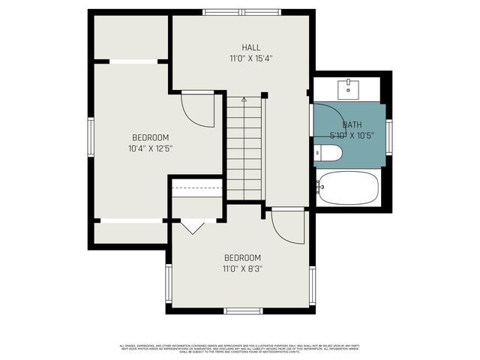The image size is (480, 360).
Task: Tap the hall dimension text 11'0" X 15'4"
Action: pyautogui.click(x=250, y=58)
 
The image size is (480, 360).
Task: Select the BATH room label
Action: pyautogui.click(x=352, y=124)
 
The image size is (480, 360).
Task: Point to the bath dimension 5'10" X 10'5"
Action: pyautogui.click(x=352, y=136)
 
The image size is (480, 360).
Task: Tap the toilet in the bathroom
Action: pyautogui.click(x=328, y=154)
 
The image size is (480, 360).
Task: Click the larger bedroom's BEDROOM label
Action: pyautogui.click(x=150, y=137)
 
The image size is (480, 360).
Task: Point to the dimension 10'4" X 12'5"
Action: pyautogui.click(x=150, y=148)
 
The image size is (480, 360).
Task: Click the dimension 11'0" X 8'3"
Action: pyautogui.click(x=241, y=268)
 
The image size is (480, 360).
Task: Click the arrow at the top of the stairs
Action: pyautogui.click(x=244, y=100)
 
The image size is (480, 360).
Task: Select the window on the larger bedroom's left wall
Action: pyautogui.click(x=91, y=138)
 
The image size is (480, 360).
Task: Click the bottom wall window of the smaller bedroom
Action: pyautogui.click(x=242, y=310)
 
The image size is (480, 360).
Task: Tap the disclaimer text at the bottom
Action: pyautogui.click(x=240, y=347)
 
